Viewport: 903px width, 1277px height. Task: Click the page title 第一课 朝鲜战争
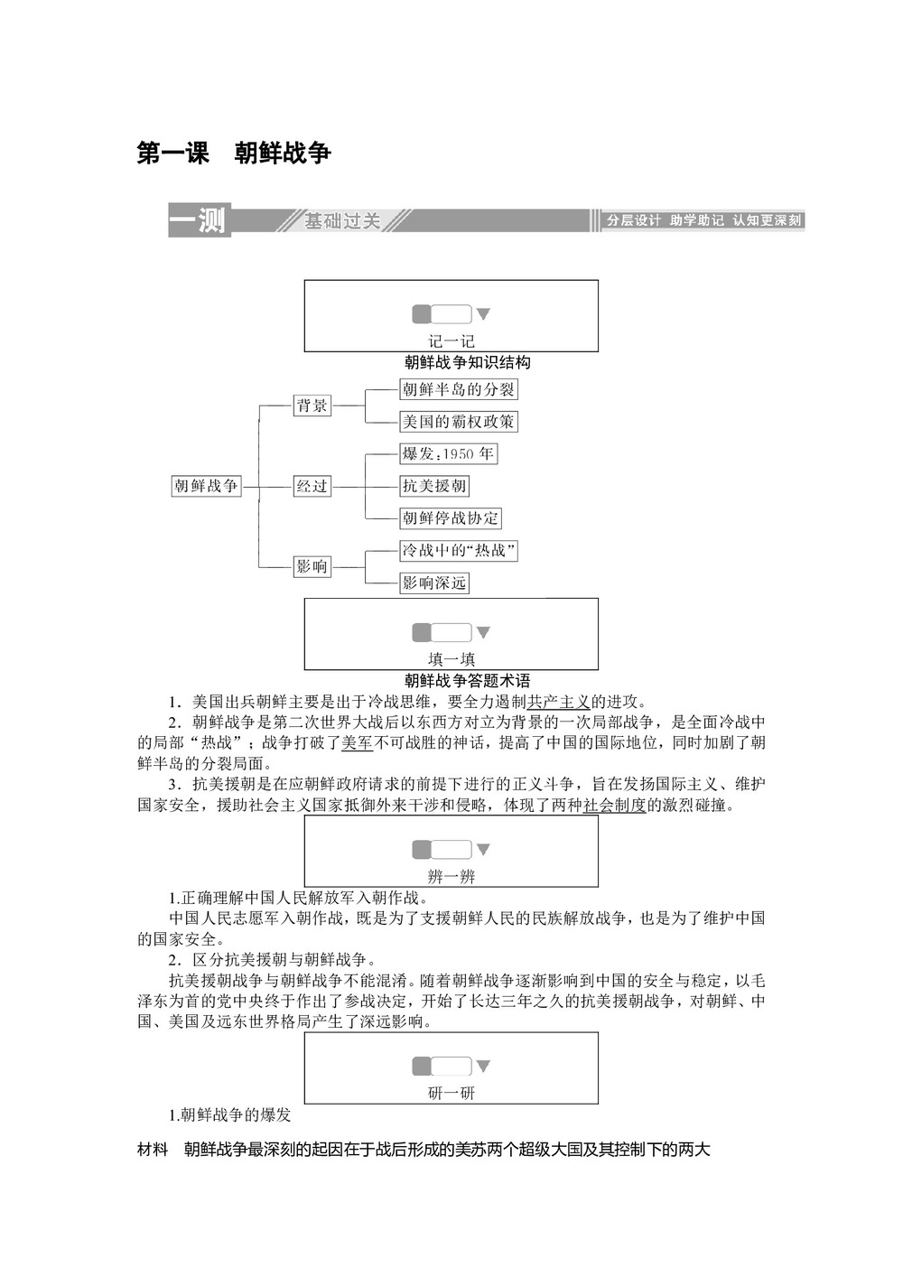[x=234, y=154]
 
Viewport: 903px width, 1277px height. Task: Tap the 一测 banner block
[x=199, y=220]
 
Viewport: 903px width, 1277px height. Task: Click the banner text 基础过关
[x=342, y=220]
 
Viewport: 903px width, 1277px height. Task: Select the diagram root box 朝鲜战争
[x=206, y=486]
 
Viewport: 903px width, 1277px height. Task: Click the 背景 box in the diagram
[x=312, y=405]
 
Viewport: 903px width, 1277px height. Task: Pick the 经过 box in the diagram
[x=312, y=486]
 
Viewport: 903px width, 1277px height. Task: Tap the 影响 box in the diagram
[x=312, y=566]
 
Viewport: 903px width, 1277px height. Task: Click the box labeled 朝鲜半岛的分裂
[x=459, y=389]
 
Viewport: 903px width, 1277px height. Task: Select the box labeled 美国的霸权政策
[x=459, y=422]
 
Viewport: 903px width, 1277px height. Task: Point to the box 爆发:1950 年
[x=448, y=453]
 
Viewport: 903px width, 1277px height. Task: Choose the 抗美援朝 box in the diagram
[x=434, y=486]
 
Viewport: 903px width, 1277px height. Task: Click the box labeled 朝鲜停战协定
[x=451, y=518]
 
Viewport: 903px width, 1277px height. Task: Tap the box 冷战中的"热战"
[x=459, y=550]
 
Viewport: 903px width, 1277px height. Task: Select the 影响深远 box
[x=434, y=583]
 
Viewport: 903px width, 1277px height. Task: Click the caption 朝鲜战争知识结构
[x=467, y=363]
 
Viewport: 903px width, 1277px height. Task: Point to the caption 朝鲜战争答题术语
[x=467, y=681]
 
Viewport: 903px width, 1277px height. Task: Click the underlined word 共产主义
[x=558, y=702]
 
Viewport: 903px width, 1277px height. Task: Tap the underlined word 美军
[x=357, y=743]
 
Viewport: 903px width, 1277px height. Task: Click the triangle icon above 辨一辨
[x=483, y=849]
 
